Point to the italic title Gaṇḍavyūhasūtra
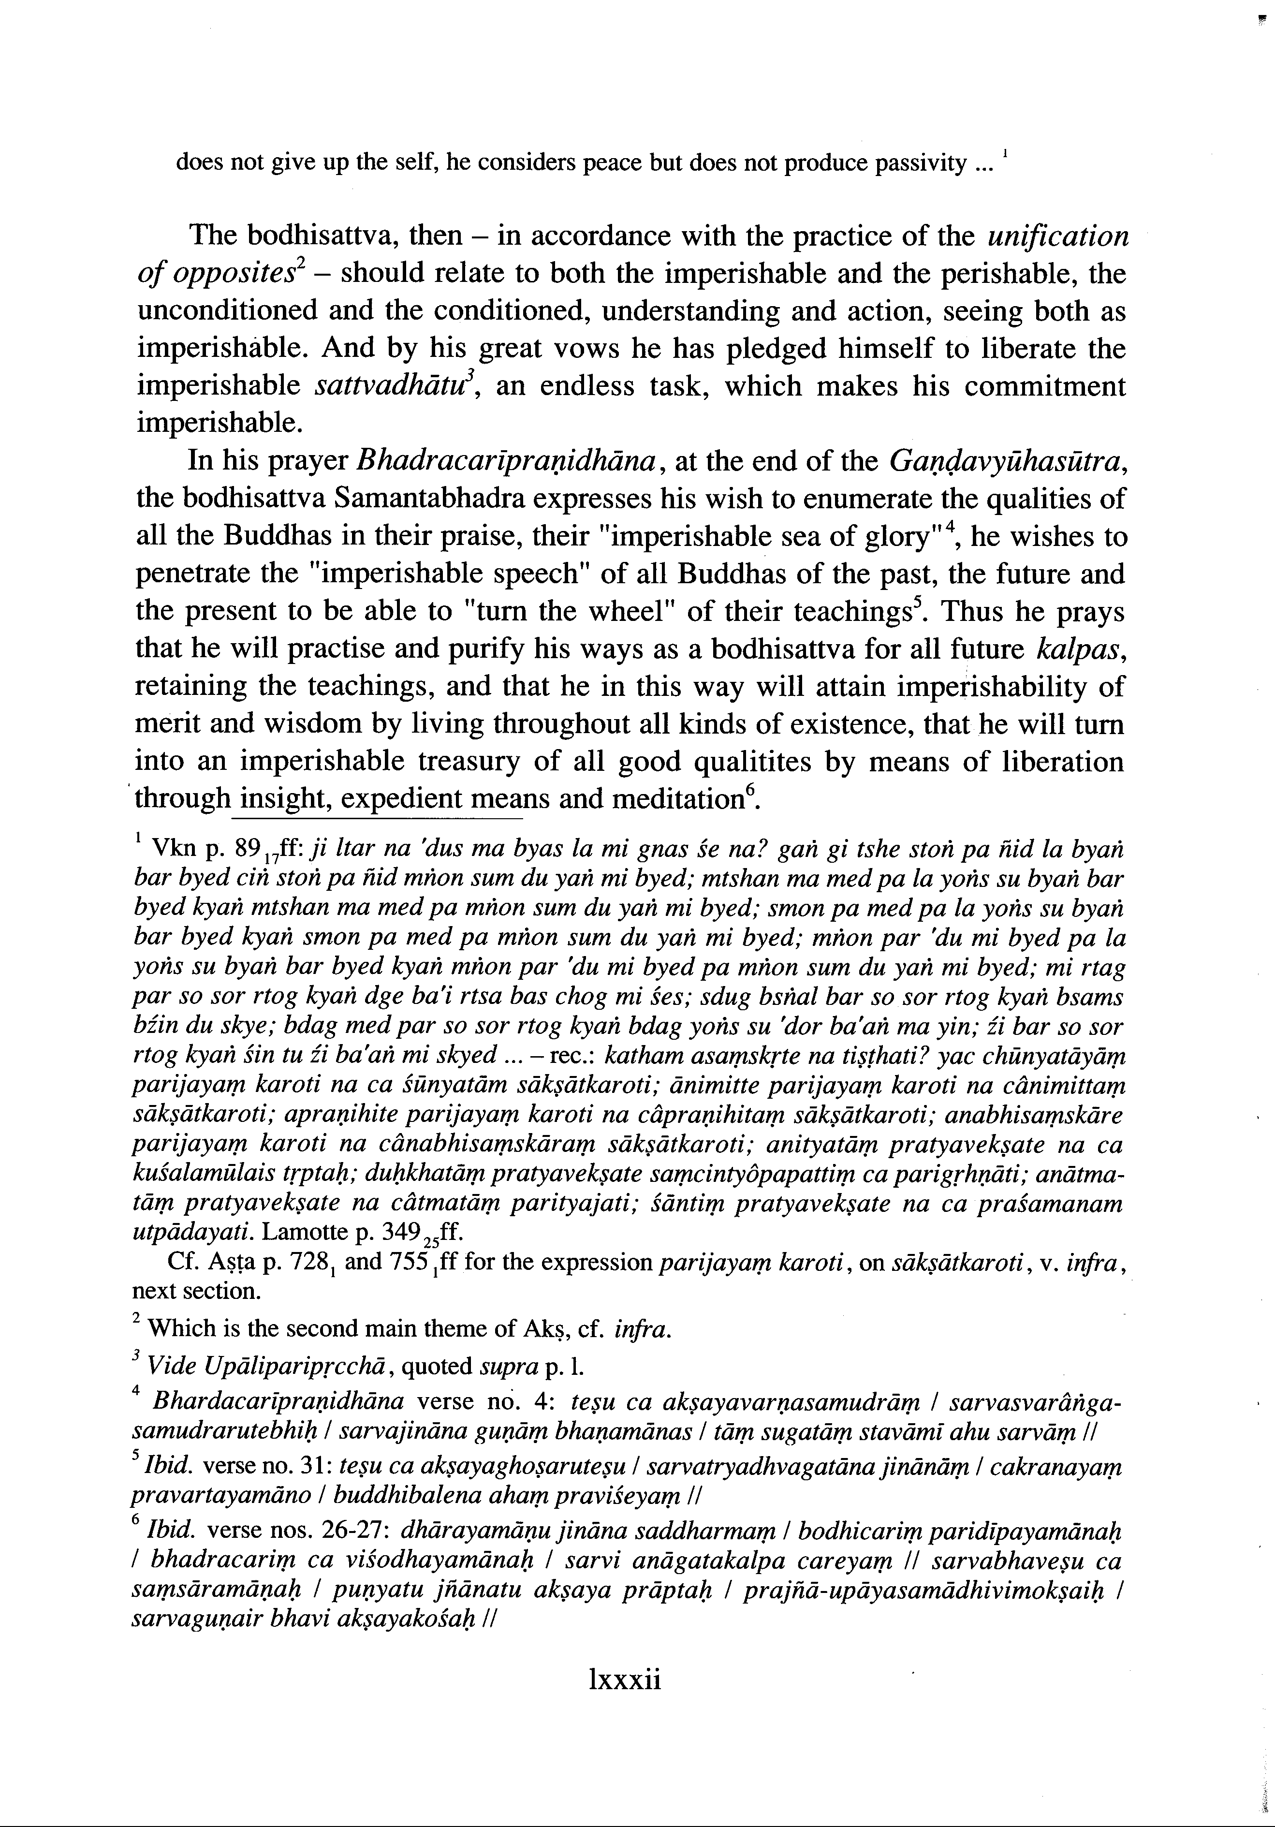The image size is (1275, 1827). point(1008,461)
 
